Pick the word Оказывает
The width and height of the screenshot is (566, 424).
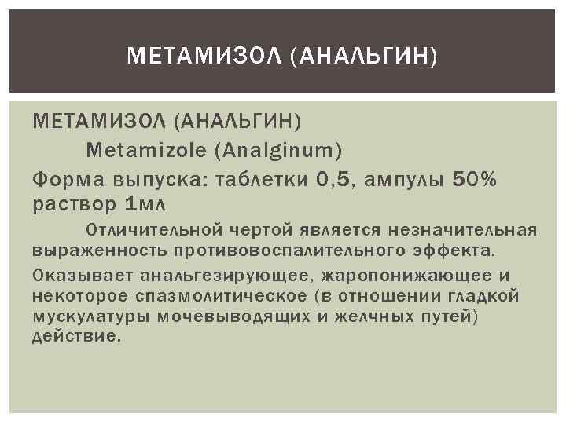coord(83,276)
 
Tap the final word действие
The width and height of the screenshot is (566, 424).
coord(77,336)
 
